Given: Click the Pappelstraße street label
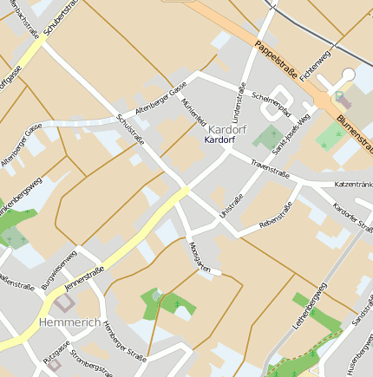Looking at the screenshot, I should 277,59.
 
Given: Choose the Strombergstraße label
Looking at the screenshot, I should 91,364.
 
